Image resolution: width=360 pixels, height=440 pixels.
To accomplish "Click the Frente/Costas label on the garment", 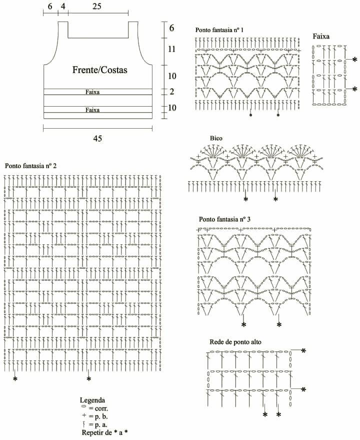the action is pyautogui.click(x=100, y=70).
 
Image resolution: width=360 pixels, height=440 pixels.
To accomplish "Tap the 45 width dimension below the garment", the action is pyautogui.click(x=97, y=138).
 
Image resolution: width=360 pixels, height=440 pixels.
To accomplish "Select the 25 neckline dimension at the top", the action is pyautogui.click(x=96, y=6).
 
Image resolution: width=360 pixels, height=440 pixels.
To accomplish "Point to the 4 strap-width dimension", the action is pyautogui.click(x=63, y=6).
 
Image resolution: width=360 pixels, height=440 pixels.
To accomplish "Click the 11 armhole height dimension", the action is pyautogui.click(x=171, y=49).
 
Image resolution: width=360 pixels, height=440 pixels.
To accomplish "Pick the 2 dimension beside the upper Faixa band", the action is pyautogui.click(x=171, y=92).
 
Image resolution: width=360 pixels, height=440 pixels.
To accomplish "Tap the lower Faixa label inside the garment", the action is pyautogui.click(x=92, y=110).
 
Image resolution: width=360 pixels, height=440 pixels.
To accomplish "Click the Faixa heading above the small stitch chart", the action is pyautogui.click(x=321, y=36).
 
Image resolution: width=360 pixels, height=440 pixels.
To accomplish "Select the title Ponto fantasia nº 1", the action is pyautogui.click(x=219, y=30).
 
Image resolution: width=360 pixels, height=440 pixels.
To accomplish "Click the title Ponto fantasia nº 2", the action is pyautogui.click(x=30, y=166).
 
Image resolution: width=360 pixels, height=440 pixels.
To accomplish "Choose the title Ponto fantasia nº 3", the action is pyautogui.click(x=224, y=219).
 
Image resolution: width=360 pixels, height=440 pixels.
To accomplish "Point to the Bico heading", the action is pyautogui.click(x=216, y=138).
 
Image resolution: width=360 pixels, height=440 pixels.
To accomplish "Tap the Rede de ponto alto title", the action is pyautogui.click(x=235, y=342).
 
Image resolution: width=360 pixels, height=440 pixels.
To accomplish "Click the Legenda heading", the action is pyautogui.click(x=92, y=400).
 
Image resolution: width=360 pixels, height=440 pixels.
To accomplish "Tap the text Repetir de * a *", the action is pyautogui.click(x=104, y=432).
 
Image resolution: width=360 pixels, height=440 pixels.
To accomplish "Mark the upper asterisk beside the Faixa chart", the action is pyautogui.click(x=355, y=60).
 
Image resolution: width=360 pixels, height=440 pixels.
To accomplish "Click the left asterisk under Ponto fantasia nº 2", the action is pyautogui.click(x=15, y=379).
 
